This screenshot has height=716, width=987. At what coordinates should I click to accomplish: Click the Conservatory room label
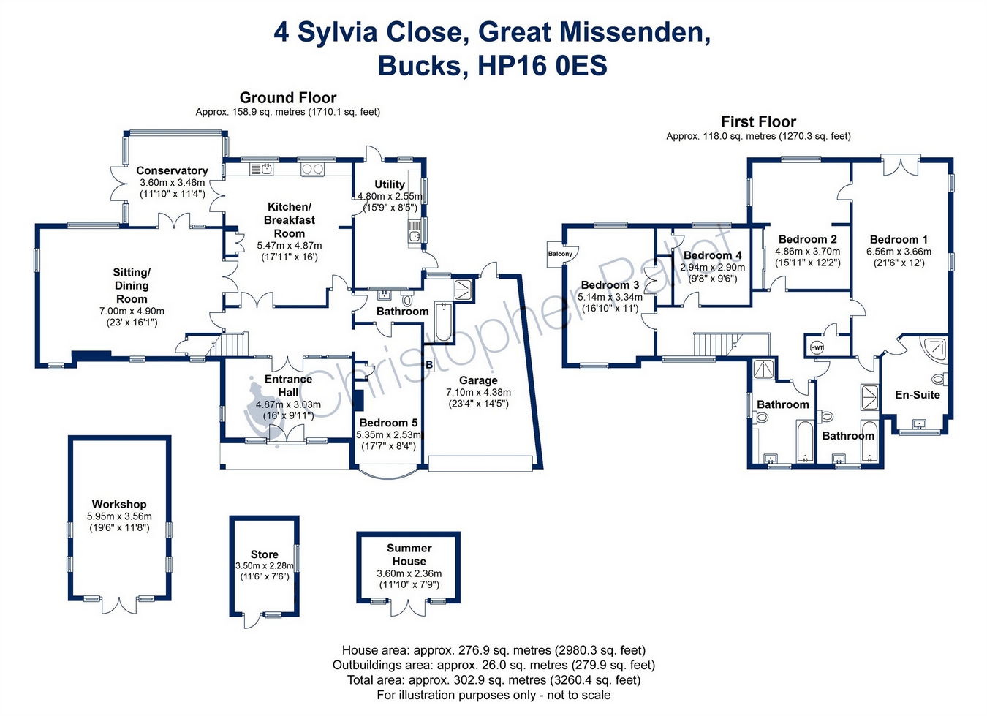pyautogui.click(x=172, y=170)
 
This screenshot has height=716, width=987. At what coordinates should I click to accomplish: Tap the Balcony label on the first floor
pyautogui.click(x=561, y=254)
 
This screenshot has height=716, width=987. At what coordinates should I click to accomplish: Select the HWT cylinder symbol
pyautogui.click(x=817, y=347)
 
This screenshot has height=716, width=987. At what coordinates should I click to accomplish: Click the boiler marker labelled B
pyautogui.click(x=429, y=364)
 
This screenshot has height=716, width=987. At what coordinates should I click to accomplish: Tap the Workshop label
pyautogui.click(x=119, y=504)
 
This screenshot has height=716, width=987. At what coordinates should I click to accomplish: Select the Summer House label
pyautogui.click(x=409, y=554)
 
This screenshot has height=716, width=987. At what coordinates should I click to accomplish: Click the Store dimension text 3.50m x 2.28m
pyautogui.click(x=265, y=566)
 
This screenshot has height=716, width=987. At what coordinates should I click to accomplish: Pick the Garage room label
pyautogui.click(x=478, y=380)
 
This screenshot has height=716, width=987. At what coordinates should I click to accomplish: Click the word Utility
pyautogui.click(x=390, y=184)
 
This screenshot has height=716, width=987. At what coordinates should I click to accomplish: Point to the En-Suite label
pyautogui.click(x=918, y=395)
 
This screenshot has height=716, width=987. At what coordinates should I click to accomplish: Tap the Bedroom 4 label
pyautogui.click(x=712, y=255)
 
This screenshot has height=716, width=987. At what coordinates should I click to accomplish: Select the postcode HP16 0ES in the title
pyautogui.click(x=542, y=66)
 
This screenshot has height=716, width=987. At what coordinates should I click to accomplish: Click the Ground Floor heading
pyautogui.click(x=288, y=97)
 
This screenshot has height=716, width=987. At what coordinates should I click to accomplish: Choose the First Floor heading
pyautogui.click(x=758, y=121)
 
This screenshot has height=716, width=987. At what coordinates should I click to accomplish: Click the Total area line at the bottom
pyautogui.click(x=494, y=679)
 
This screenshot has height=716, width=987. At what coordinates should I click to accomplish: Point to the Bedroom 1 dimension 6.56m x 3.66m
pyautogui.click(x=899, y=252)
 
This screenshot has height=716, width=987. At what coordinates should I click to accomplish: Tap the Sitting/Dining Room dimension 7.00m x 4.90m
pyautogui.click(x=132, y=311)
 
